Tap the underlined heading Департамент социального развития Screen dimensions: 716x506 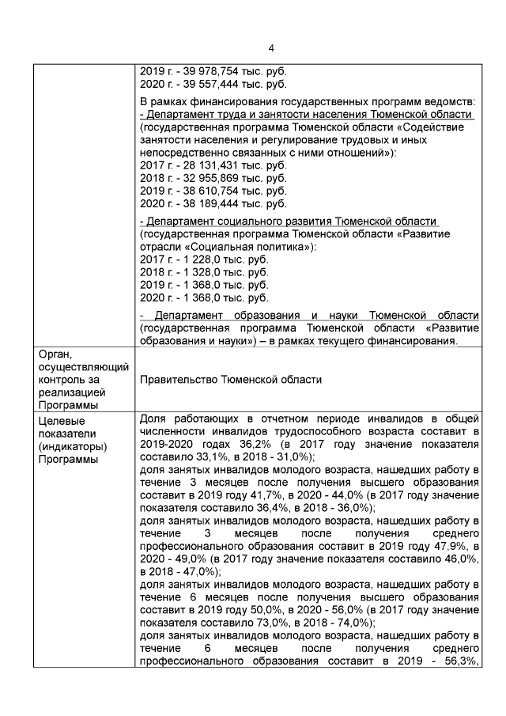[x=289, y=222]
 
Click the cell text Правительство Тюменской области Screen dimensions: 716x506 [x=230, y=379]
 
